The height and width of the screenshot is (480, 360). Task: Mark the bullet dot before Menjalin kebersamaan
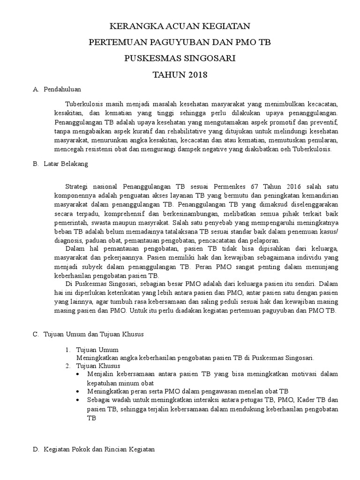77,375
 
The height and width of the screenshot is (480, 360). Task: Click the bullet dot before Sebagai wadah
77,400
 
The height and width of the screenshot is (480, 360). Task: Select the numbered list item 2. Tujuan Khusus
98,366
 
